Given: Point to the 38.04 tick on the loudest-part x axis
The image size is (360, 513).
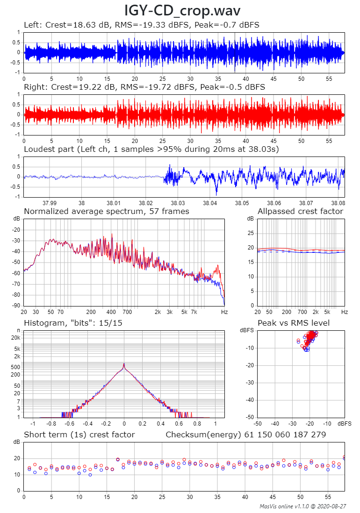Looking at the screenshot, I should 210,203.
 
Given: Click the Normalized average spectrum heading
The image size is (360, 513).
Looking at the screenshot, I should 106,211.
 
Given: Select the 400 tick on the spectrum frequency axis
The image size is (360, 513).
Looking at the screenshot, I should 111,311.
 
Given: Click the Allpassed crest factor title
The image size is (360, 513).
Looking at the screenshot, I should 300,211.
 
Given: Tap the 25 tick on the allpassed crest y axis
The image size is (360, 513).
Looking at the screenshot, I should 250,233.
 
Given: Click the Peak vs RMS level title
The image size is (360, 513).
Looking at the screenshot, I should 294,323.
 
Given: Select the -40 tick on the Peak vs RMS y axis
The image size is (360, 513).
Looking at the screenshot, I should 251,399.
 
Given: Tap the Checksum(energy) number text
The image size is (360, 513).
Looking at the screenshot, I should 246,435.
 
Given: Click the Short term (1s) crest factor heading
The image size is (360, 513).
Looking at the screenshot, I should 79,435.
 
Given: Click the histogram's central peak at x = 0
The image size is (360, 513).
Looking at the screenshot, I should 124,364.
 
